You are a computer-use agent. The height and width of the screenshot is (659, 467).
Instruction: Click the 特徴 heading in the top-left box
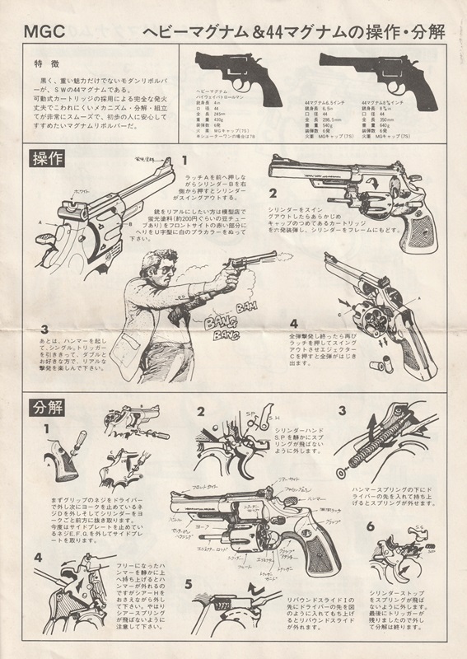45,63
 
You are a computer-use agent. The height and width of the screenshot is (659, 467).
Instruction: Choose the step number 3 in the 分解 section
341,412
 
